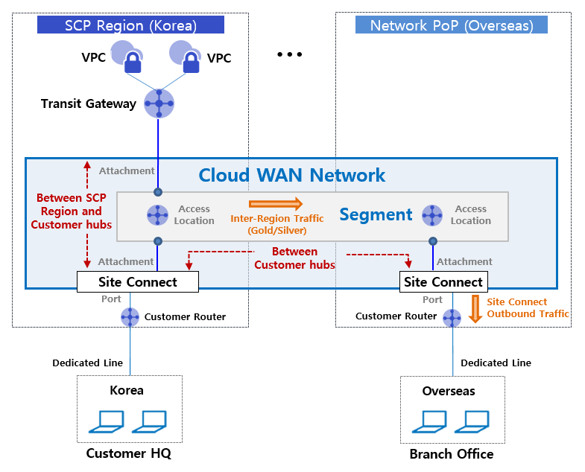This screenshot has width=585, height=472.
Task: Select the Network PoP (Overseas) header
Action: (452, 25)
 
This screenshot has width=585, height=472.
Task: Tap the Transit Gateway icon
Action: (159, 103)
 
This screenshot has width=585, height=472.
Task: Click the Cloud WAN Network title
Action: (292, 176)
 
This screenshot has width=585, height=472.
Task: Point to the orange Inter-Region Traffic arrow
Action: (276, 203)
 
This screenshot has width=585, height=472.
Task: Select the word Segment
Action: (376, 215)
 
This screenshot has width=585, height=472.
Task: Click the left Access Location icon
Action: (158, 215)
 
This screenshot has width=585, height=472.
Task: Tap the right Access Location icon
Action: (432, 215)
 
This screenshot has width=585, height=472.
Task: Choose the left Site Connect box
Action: (138, 282)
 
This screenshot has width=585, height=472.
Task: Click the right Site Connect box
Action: (443, 282)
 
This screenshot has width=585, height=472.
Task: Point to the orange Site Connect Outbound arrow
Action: (475, 308)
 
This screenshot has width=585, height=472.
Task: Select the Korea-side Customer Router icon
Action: (130, 316)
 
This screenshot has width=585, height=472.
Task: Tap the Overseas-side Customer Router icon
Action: (452, 318)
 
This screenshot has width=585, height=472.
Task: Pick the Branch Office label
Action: (452, 453)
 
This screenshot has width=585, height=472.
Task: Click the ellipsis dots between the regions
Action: (289, 55)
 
